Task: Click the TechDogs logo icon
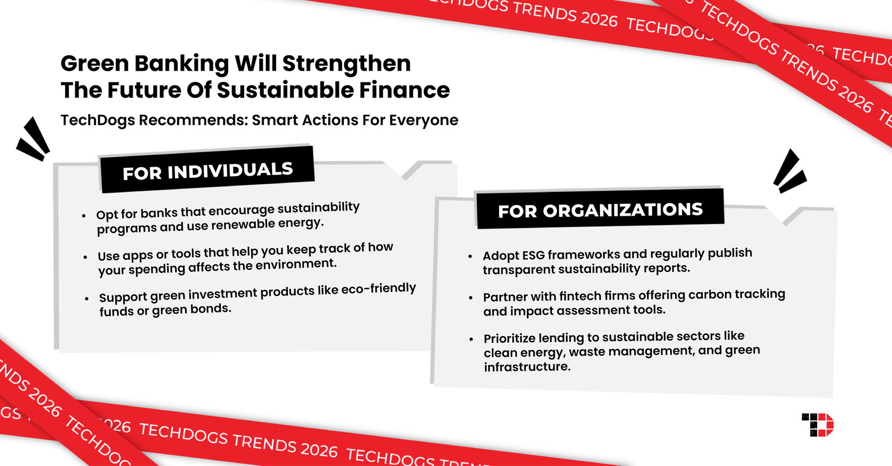click(818, 425)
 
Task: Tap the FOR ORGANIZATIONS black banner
click(600, 210)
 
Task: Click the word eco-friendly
click(379, 289)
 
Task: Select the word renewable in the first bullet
click(245, 225)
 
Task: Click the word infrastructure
click(527, 367)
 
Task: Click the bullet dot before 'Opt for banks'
click(84, 216)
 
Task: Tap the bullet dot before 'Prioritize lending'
click(471, 339)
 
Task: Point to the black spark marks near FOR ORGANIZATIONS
click(789, 172)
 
